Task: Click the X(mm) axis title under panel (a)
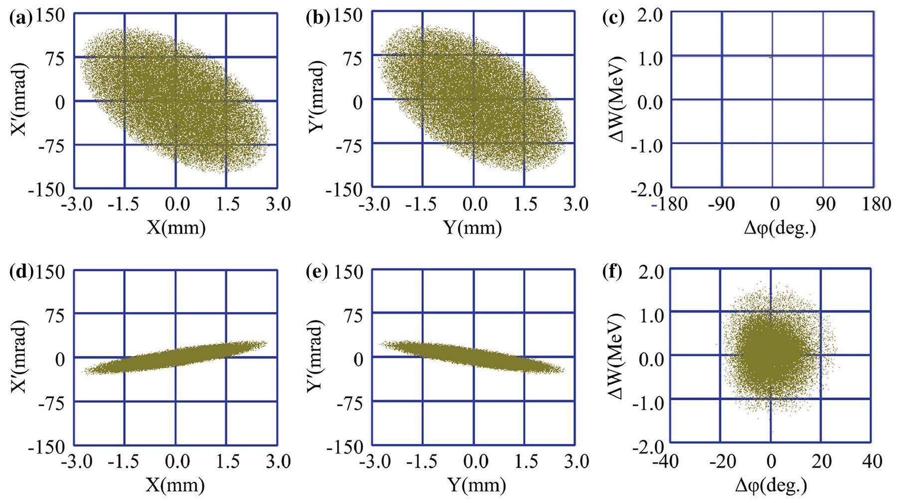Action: (x=176, y=228)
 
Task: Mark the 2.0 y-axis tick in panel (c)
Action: (x=650, y=16)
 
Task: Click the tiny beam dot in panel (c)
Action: (x=771, y=57)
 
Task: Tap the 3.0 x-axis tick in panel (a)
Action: (x=277, y=204)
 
